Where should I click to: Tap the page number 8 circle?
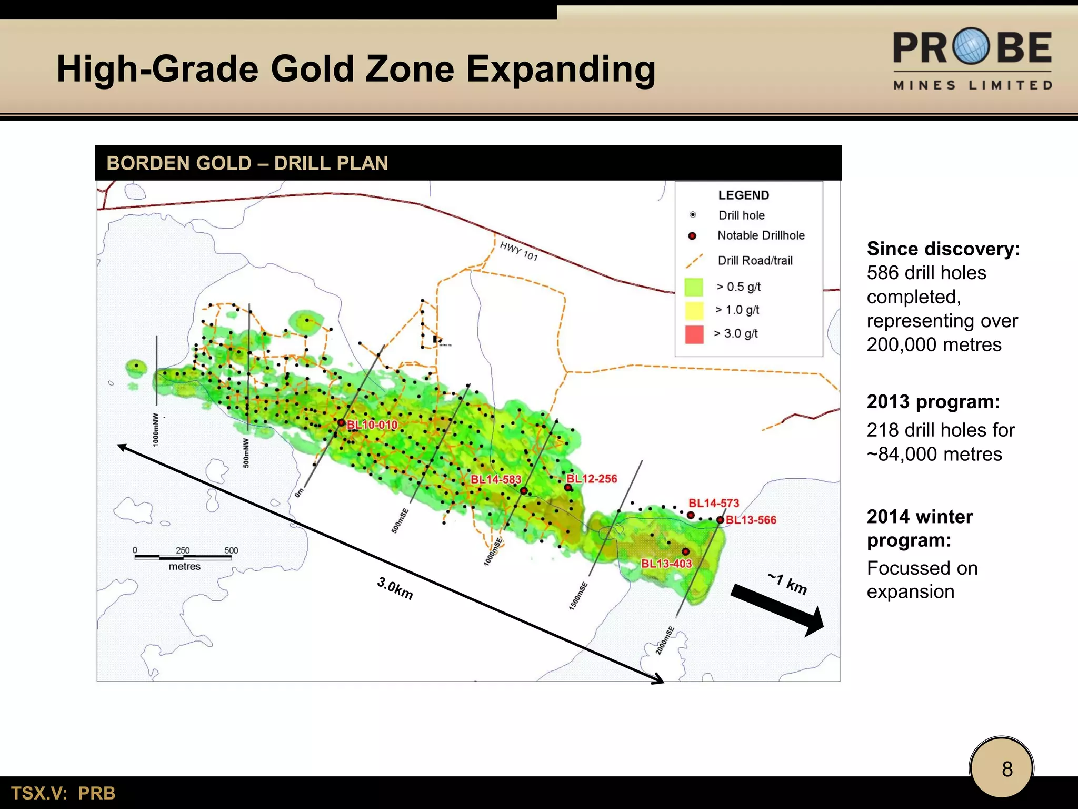point(1001,768)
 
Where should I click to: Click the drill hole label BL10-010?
point(372,425)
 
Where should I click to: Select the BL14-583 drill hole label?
point(495,479)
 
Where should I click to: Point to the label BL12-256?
point(592,479)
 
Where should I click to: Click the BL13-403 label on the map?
point(666,564)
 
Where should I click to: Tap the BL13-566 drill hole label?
point(751,520)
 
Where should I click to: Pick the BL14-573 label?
point(714,503)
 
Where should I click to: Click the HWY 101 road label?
point(518,251)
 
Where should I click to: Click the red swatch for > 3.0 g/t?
point(694,334)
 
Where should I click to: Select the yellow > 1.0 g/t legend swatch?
point(694,311)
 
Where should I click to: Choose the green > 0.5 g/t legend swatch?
point(694,287)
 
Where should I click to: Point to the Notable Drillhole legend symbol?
point(692,236)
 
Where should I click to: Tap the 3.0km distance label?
point(395,588)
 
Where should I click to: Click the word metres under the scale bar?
point(184,567)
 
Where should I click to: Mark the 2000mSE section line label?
point(665,640)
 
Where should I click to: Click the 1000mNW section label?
point(156,429)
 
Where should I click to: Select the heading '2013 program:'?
point(933,402)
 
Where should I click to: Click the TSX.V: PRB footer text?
point(63,793)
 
